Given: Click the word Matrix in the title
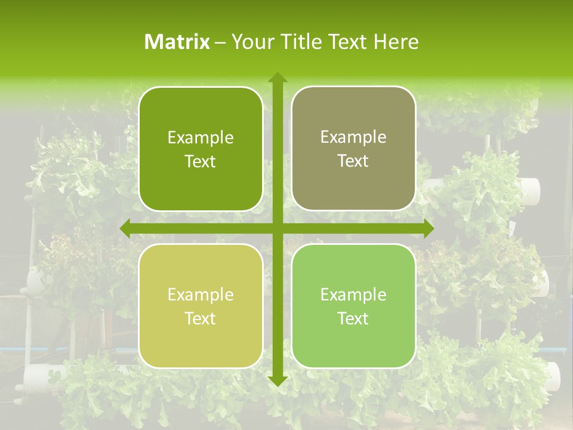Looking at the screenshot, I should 177,42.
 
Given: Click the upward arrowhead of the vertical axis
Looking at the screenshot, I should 277,78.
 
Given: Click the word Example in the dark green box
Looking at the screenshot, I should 201,138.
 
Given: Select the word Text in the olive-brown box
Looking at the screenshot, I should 353,161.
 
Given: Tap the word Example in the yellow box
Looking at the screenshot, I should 201,295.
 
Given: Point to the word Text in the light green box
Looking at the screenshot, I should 353,318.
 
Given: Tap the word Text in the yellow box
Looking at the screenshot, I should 201,318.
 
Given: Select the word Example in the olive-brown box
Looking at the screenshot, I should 353,137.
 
